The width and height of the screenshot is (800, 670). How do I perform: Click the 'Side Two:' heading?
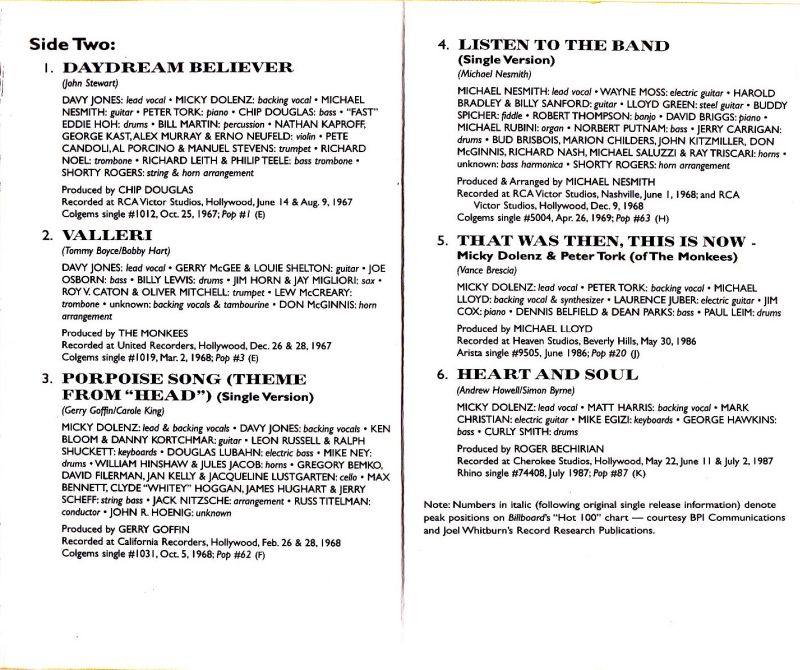point(73,43)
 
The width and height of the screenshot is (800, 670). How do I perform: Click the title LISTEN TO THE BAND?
point(556,46)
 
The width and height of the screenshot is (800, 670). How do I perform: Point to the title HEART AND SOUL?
point(548,374)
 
